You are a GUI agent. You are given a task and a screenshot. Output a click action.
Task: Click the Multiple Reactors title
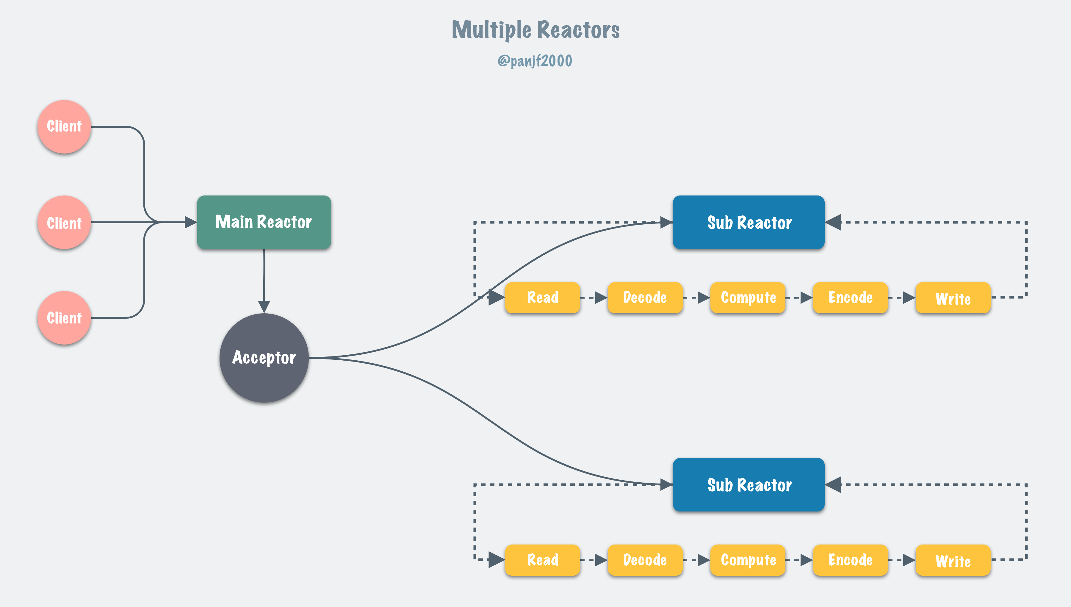535,30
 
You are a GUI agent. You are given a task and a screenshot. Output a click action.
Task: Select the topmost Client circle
64,126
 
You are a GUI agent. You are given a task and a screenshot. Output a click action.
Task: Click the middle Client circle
64,223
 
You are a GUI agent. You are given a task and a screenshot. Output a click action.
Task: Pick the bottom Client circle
64,318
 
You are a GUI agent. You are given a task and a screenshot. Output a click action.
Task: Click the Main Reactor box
264,222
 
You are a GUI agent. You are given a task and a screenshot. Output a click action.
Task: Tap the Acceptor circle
264,358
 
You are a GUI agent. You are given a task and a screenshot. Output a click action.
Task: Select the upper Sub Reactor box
749,222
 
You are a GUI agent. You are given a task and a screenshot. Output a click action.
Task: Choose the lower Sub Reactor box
749,484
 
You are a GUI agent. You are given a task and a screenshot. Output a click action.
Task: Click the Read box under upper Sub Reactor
542,298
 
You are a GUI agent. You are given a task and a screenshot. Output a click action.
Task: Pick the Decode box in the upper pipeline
645,298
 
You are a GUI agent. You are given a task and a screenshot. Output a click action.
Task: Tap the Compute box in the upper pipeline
748,298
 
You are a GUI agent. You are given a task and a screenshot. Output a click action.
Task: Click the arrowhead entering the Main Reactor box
190,222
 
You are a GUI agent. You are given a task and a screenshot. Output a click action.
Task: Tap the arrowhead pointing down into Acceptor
264,306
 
